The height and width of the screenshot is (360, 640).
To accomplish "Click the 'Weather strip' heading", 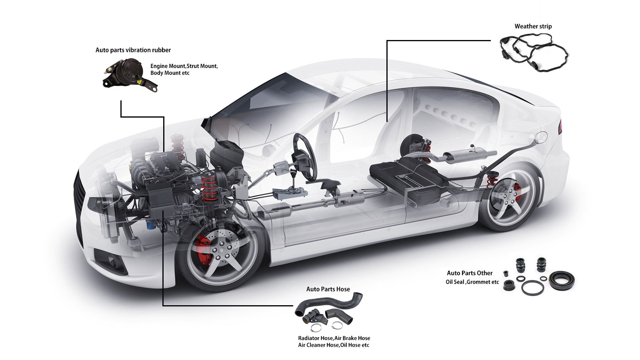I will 533,26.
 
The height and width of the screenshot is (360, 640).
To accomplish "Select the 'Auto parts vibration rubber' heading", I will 133,50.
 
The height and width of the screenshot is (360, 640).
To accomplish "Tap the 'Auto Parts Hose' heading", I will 328,289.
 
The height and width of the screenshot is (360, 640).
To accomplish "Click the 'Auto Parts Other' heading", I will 469,273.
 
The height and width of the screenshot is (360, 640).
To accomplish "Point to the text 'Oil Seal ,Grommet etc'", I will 472,282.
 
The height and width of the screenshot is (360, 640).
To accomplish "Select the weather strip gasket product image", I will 534,52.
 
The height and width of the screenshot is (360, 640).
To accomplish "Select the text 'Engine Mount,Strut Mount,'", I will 184,66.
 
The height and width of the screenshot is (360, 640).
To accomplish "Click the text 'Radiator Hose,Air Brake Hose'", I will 334,338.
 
